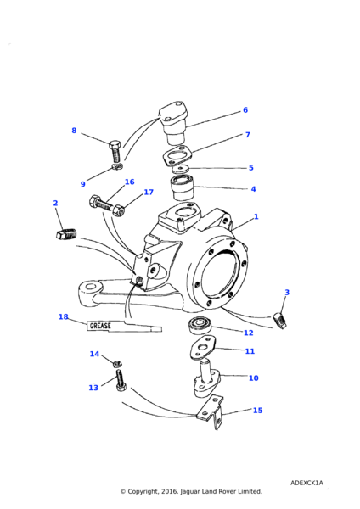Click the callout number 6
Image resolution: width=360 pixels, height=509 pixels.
245,110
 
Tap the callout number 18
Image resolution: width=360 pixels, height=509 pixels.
64,316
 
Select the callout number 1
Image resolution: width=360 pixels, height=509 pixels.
256,216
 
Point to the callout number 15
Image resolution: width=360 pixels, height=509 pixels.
257,411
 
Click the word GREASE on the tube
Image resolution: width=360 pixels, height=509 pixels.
100,326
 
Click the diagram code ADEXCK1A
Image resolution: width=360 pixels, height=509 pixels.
307,483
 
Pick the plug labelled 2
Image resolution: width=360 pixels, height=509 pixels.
65,234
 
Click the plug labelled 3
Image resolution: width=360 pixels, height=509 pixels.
279,321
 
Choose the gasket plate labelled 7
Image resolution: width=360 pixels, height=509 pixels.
177,156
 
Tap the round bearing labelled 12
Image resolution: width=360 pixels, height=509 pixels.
199,326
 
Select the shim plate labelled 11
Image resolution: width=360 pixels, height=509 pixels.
203,347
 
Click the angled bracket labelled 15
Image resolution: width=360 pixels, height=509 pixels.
211,412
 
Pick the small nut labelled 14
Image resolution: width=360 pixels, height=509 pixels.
117,364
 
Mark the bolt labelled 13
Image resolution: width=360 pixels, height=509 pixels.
121,380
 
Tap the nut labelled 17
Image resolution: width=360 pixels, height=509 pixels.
119,210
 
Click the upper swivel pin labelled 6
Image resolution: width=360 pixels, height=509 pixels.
174,123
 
